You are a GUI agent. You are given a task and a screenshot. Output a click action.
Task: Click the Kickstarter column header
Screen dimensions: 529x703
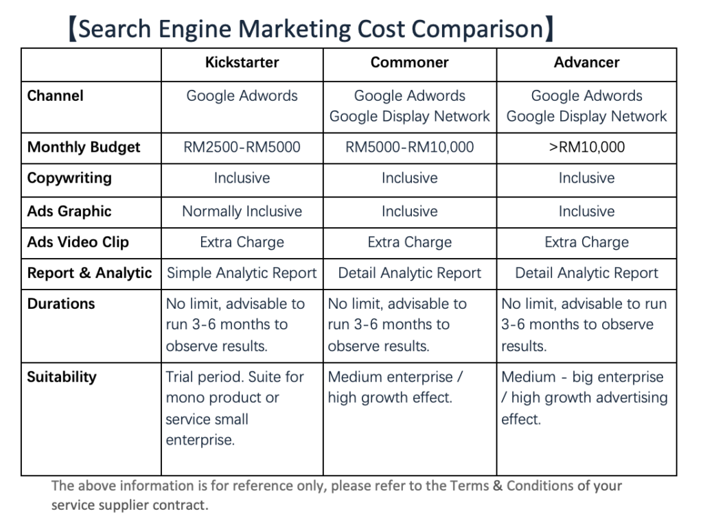click(242, 62)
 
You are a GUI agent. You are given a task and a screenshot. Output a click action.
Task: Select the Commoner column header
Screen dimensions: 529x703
click(409, 62)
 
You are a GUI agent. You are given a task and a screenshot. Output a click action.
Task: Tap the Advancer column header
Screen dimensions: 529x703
click(586, 62)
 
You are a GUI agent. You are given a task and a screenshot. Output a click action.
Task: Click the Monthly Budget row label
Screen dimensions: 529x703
click(84, 147)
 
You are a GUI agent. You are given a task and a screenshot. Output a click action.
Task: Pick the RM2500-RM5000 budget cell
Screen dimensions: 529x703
click(242, 147)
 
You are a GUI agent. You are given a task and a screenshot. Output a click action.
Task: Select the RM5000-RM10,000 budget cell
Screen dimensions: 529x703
click(409, 147)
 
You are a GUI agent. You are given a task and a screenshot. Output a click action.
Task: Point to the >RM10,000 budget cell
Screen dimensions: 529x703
click(586, 147)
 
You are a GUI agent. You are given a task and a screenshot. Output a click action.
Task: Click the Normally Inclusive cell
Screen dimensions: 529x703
click(242, 211)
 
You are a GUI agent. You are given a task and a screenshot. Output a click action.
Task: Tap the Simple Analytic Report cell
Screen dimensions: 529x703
click(242, 273)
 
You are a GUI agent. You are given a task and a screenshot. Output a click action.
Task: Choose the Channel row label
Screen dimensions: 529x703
click(55, 96)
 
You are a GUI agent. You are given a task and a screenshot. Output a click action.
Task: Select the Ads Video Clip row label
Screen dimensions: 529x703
click(78, 242)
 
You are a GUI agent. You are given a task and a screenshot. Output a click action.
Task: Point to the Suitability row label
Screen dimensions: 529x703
click(62, 377)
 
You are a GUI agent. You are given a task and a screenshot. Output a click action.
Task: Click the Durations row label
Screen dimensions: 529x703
click(61, 304)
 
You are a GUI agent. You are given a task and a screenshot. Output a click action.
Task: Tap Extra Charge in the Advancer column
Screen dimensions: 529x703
click(586, 242)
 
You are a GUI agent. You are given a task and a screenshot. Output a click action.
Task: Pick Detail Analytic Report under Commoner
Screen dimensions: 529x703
click(409, 273)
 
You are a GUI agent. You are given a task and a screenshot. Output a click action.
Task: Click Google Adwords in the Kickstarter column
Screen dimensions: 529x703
click(242, 96)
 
